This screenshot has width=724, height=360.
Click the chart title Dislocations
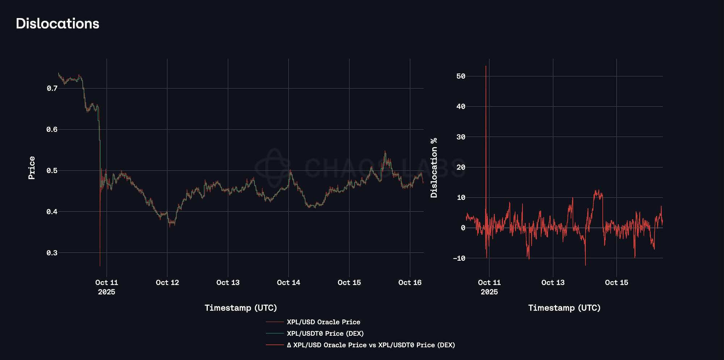coord(58,24)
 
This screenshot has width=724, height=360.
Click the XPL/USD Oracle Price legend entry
coord(323,322)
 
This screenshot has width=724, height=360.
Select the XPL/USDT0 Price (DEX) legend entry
coord(325,334)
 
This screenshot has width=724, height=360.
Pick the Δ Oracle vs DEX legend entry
coord(371,345)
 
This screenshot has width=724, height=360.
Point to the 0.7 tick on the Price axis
coord(52,88)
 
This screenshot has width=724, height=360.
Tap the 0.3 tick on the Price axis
coord(52,253)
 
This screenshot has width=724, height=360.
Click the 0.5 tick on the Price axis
coord(52,171)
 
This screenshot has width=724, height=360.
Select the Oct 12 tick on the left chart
coord(167,283)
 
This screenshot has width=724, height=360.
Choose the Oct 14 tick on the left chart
coord(289,283)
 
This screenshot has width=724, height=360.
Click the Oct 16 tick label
coord(410,283)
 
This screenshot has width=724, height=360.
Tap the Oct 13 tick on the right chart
coord(553,283)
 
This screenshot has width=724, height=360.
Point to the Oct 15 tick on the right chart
coord(616,283)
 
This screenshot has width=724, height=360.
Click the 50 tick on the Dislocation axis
coord(461,76)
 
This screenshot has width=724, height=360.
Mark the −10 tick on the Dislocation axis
coord(459,258)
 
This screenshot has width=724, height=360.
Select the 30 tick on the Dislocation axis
coord(461,137)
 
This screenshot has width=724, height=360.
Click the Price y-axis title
coord(32,168)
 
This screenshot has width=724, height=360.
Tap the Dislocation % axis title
coord(434,168)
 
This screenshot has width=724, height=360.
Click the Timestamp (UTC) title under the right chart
coord(564,308)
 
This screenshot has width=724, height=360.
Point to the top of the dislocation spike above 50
coord(486,66)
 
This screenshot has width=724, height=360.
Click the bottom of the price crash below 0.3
coord(100,265)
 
